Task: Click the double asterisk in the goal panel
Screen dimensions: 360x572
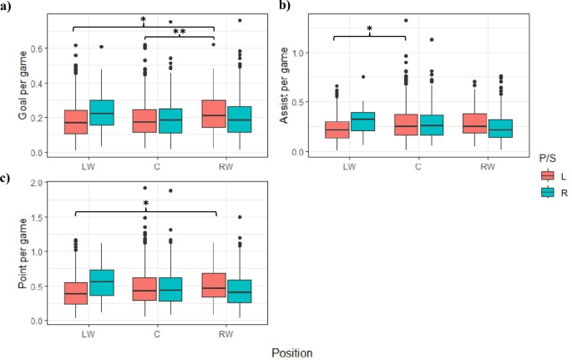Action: (179, 31)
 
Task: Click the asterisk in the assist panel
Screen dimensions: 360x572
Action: (368, 31)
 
